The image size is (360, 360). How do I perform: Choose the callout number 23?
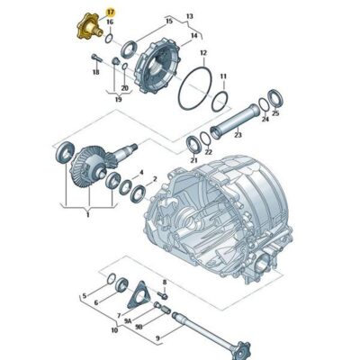[238, 135]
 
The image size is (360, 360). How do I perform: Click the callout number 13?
[189, 16]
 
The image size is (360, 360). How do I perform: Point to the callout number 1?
[86, 217]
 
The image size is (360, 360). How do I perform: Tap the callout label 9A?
[128, 320]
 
